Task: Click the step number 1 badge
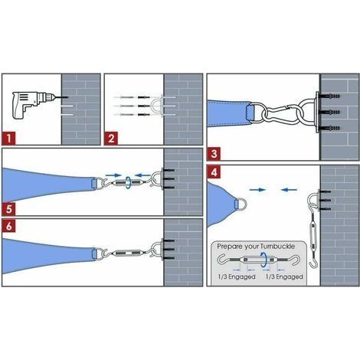pos(9,139)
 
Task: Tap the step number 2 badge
pos(111,139)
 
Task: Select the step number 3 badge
pos(214,154)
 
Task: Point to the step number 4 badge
pos(214,172)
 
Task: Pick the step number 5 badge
pos(9,209)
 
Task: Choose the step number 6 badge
pos(9,226)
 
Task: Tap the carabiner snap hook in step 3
pos(280,113)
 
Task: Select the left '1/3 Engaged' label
pos(237,277)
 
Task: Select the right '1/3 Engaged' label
pos(284,277)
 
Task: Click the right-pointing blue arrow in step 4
pos(257,190)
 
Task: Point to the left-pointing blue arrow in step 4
pos(289,190)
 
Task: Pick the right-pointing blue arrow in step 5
pos(113,175)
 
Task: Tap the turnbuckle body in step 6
pos(128,253)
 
